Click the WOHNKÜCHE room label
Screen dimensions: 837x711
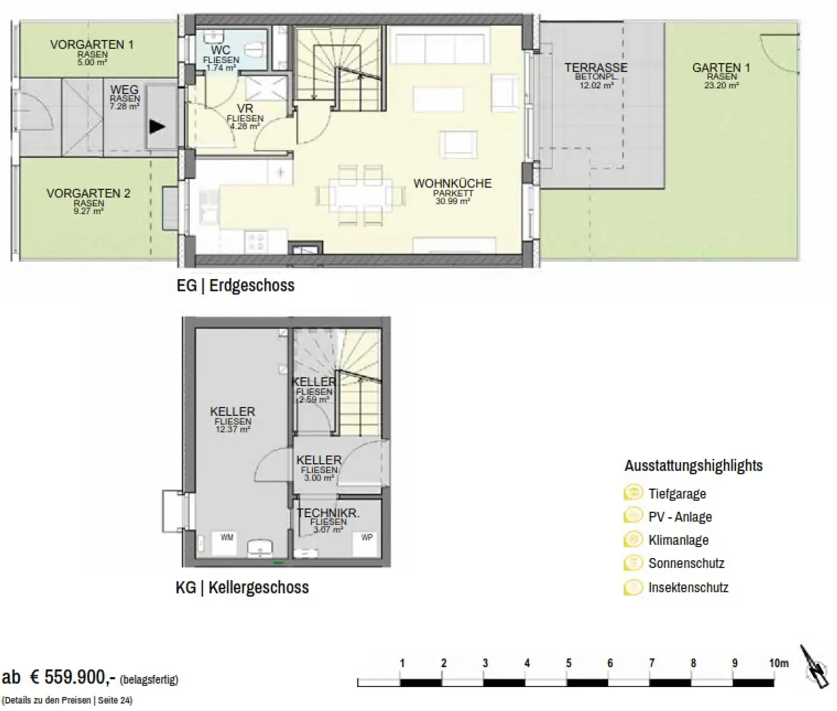pos(452,184)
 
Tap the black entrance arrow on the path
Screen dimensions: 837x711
pos(157,127)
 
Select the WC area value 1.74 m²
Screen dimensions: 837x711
pos(221,68)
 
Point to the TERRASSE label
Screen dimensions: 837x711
pos(596,67)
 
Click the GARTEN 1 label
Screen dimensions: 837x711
pos(721,68)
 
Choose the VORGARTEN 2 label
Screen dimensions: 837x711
pos(89,193)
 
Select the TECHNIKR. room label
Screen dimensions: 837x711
pos(329,513)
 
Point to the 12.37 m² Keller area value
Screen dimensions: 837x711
pos(233,429)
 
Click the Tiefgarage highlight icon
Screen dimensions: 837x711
pos(633,493)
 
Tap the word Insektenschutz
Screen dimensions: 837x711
pos(688,587)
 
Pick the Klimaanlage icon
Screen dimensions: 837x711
pos(633,539)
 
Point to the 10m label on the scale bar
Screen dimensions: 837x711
pos(779,664)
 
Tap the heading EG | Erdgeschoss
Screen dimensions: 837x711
pos(235,286)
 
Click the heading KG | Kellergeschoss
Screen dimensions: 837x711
pos(242,587)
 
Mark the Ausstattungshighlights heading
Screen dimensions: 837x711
pos(694,466)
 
